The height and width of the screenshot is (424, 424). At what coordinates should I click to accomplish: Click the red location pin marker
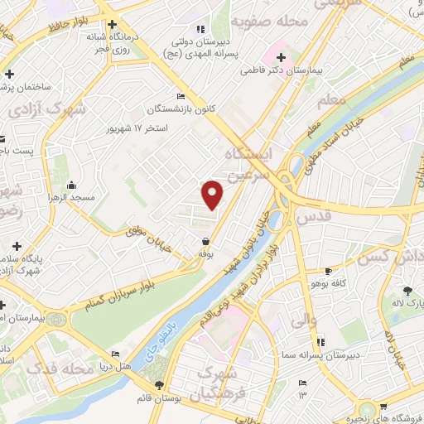click(x=213, y=195)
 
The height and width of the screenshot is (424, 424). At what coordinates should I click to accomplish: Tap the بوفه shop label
click(x=205, y=255)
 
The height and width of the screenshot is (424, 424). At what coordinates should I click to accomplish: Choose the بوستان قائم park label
click(x=159, y=398)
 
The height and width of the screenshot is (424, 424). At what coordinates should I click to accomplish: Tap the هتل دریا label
click(x=114, y=365)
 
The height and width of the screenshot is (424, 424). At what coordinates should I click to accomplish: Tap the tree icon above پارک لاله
click(x=407, y=291)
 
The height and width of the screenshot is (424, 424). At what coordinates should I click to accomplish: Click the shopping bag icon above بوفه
click(x=205, y=242)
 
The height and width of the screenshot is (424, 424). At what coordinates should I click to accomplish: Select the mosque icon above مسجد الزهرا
click(x=73, y=185)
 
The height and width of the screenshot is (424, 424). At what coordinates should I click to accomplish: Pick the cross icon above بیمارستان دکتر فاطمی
click(x=282, y=57)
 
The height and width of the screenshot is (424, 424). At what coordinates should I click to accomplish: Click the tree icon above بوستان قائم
click(x=159, y=385)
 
